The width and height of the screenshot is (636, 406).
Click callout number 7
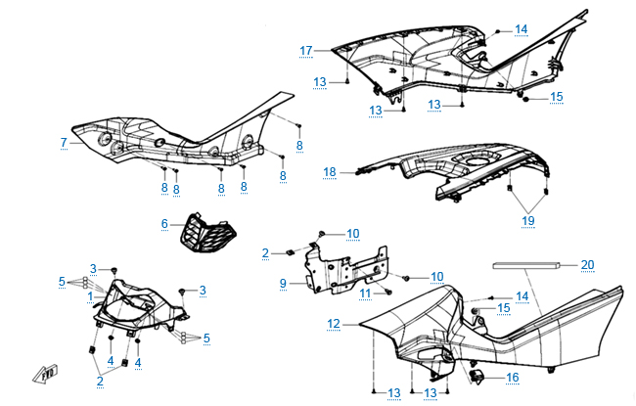pos(64,143)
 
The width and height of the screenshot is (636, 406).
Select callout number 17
pos(306,50)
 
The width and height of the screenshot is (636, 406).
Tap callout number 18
pos(330,172)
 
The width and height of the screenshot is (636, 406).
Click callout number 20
pos(587,264)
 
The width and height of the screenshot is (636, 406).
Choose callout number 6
pos(165,224)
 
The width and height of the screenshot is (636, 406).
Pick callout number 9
pos(282,284)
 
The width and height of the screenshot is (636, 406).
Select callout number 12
pos(334,323)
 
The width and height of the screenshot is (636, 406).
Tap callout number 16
pos(512,376)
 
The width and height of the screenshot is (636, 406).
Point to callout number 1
pos(89,293)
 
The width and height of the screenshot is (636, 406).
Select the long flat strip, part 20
pos(529,263)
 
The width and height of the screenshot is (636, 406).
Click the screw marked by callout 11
pos(388,291)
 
